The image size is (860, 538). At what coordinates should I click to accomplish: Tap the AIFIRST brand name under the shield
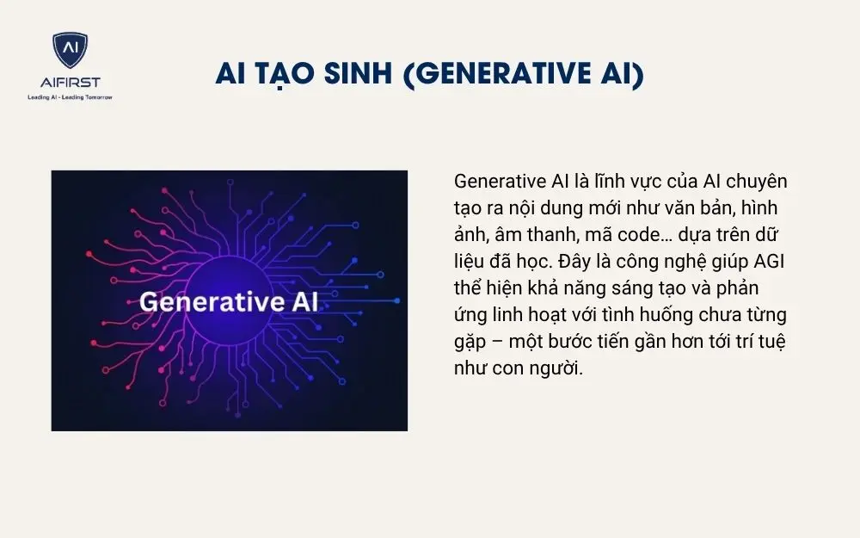pos(70,83)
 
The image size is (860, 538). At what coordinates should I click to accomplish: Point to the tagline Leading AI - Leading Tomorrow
pos(70,97)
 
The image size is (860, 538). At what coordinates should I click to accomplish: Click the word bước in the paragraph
pos(573,342)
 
